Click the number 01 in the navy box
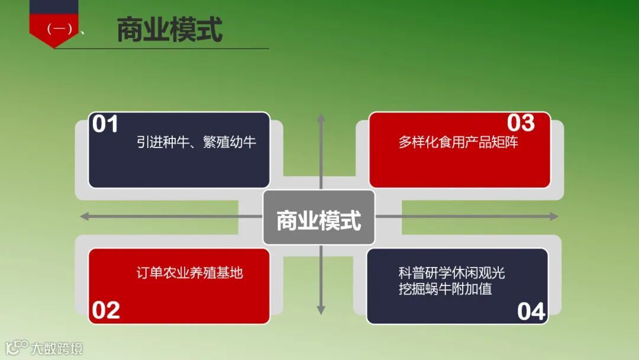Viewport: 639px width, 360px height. (x=106, y=124)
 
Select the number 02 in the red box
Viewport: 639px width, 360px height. (x=106, y=310)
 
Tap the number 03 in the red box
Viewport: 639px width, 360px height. (x=521, y=123)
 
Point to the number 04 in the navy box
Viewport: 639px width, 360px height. (x=531, y=311)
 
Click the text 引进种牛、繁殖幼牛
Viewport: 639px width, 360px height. (x=196, y=142)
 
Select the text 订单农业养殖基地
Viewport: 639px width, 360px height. (x=189, y=273)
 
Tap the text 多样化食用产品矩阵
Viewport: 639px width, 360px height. (x=458, y=142)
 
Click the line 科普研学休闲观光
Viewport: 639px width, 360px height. (x=451, y=273)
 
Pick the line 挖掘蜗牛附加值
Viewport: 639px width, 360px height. (x=445, y=289)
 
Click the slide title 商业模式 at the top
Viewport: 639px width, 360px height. (x=169, y=30)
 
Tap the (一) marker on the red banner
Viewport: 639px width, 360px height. (x=59, y=28)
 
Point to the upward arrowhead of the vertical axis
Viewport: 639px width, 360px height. (x=321, y=118)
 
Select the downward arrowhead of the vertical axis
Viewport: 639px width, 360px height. (x=321, y=310)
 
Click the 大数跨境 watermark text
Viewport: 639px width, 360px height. (x=57, y=348)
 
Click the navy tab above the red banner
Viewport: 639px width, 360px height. (x=54, y=7)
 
